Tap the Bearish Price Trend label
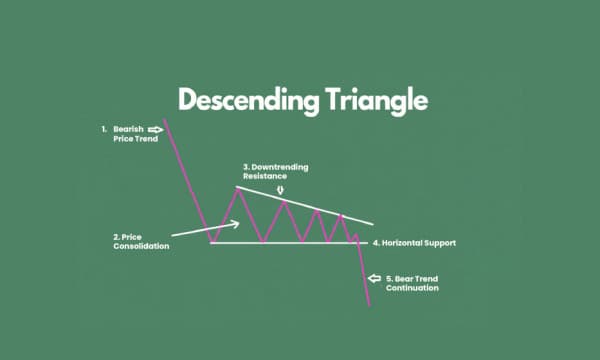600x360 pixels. (129, 135)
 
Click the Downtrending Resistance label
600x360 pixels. (273, 171)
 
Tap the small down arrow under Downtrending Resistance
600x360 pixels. (281, 190)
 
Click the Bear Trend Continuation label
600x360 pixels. (412, 284)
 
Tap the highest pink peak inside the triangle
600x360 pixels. (237, 189)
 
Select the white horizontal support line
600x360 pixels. (290, 243)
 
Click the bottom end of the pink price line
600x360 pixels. (369, 306)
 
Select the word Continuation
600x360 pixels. (413, 289)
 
